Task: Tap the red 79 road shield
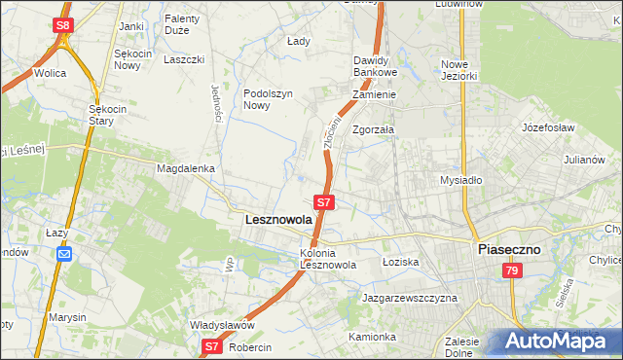point(511,274)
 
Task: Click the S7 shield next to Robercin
point(213,345)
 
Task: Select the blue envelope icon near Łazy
point(64,254)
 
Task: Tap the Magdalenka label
point(185,168)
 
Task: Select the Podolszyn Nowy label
point(268,99)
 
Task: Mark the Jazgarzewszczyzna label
point(409,298)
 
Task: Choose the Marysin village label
point(64,317)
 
